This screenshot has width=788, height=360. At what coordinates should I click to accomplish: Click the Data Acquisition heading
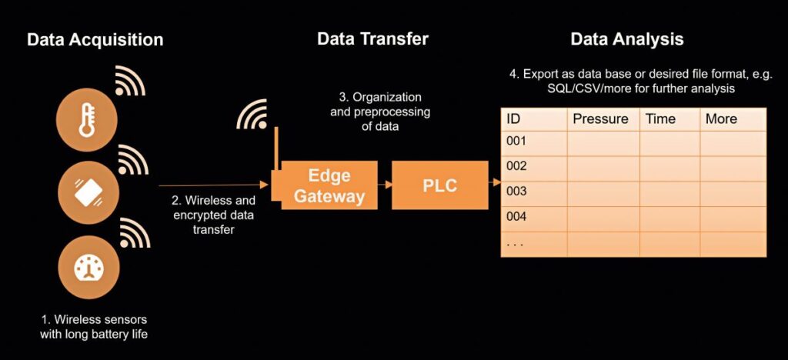tap(95, 40)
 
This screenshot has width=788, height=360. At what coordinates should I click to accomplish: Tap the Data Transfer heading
tap(372, 38)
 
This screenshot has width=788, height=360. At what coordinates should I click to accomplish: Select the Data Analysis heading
tap(626, 39)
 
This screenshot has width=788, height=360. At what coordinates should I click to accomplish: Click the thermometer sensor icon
tap(86, 120)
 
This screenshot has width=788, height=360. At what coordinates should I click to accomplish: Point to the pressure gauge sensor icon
tap(88, 267)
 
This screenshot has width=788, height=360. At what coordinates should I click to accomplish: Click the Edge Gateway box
tap(329, 185)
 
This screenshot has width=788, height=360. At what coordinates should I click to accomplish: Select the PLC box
tap(439, 185)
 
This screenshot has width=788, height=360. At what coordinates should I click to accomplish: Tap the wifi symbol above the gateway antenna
tap(252, 114)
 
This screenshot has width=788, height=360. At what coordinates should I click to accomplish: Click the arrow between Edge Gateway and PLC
tap(385, 185)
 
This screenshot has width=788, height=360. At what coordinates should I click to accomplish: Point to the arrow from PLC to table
tap(495, 183)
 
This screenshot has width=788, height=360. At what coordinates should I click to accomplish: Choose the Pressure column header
tap(600, 119)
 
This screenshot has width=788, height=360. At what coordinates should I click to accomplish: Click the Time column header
tap(660, 119)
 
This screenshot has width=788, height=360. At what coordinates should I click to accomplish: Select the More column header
tap(721, 119)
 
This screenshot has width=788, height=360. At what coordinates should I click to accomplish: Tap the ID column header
tap(513, 119)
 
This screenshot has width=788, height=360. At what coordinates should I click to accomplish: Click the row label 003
tap(516, 192)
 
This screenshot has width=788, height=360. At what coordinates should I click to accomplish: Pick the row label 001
tap(516, 141)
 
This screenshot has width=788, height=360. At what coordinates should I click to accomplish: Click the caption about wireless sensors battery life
tap(94, 326)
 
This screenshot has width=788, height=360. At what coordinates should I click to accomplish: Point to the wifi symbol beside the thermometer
tap(130, 80)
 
